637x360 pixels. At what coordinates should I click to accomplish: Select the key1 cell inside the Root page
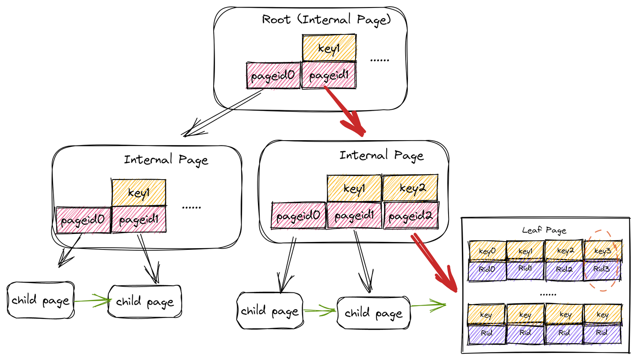click(329, 49)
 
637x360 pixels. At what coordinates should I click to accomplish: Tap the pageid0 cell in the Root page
click(272, 76)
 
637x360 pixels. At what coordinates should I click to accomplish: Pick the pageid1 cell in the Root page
click(329, 76)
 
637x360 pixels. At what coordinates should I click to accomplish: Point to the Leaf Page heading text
click(544, 230)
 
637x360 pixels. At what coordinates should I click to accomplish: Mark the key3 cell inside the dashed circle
click(602, 251)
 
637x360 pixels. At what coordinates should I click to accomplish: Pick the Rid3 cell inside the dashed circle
click(602, 270)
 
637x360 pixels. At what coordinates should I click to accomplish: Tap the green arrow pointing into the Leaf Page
click(428, 304)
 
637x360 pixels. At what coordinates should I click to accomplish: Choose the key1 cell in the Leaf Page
click(525, 251)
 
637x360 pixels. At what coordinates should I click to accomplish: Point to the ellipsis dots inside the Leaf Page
click(545, 293)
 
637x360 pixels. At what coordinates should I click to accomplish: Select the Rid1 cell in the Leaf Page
click(525, 270)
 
